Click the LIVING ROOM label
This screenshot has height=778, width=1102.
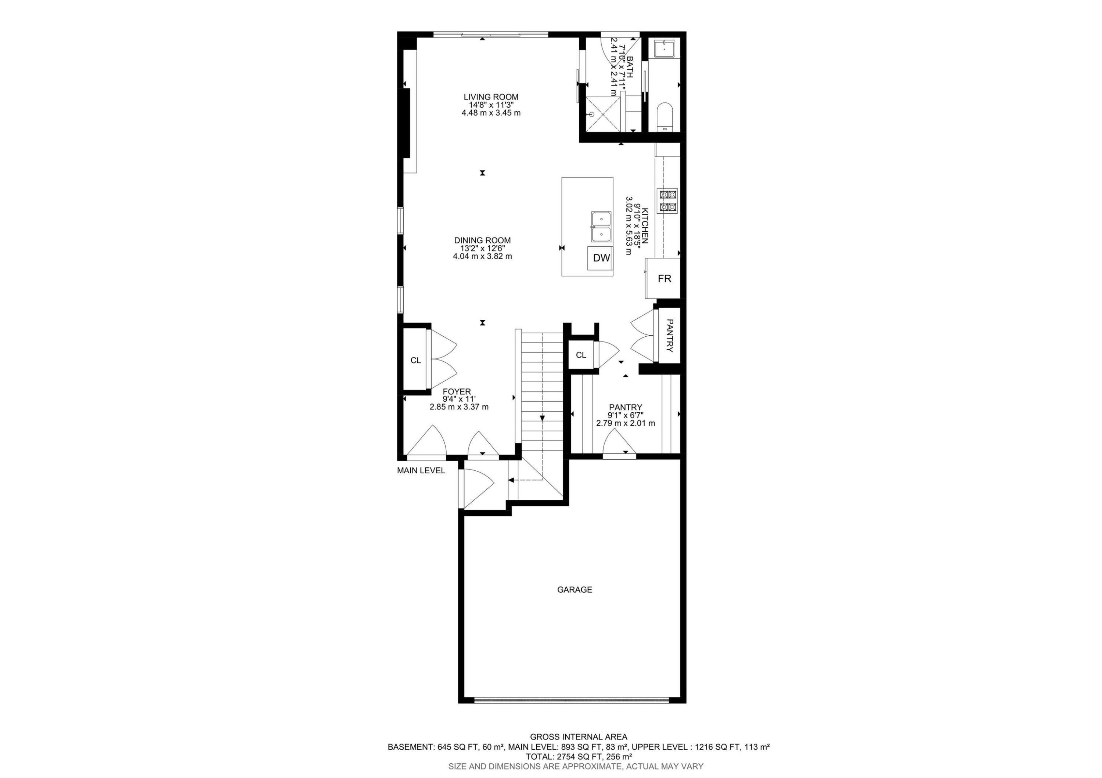click(x=490, y=97)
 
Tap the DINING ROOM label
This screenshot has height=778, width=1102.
click(x=482, y=240)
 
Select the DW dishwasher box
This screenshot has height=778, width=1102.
click(x=601, y=258)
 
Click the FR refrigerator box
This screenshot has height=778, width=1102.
click(x=664, y=279)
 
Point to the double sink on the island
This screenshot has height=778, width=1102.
click(x=601, y=227)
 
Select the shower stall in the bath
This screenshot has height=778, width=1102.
click(x=602, y=114)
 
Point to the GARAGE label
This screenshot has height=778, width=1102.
click(x=574, y=590)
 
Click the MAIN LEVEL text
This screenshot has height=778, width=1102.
click(x=421, y=471)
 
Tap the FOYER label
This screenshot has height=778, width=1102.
click(x=457, y=391)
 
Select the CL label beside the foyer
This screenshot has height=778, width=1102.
click(x=416, y=360)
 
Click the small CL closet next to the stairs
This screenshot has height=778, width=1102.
click(x=581, y=355)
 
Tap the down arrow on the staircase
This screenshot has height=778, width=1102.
click(x=542, y=418)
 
